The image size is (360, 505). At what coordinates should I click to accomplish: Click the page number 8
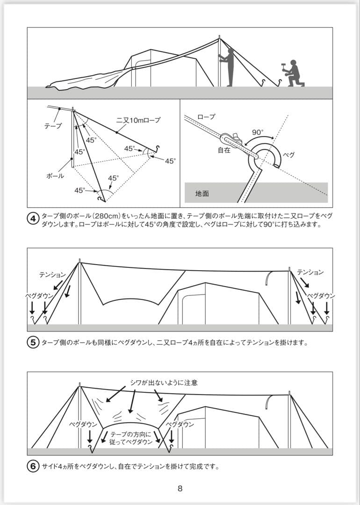coord(180,489)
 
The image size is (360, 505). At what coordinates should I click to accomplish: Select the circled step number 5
coord(34,342)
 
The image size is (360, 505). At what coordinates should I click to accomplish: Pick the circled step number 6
coord(34,466)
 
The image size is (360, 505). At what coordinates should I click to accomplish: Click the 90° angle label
coord(258,132)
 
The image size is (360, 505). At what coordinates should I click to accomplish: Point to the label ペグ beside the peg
coord(289,155)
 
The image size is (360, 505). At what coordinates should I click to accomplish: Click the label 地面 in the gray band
coord(202,193)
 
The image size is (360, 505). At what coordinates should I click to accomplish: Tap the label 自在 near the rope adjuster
coord(224,151)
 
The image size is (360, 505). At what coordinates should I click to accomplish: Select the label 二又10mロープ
coord(138,121)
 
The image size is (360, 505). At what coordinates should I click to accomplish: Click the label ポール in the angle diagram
coord(55,176)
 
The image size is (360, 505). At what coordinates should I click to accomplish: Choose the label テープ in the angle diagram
coord(52,126)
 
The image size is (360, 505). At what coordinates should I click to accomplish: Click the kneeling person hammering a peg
coord(293,74)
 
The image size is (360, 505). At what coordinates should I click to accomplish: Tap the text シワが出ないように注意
coord(164,382)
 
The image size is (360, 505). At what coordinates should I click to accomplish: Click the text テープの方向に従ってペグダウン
coord(131,438)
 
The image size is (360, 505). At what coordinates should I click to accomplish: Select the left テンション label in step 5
coord(52,274)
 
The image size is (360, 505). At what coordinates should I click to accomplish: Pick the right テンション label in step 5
coord(310,272)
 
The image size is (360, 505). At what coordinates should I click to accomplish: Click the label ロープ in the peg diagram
coord(206,116)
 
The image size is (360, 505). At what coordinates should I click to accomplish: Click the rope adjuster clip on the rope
coord(230,139)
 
